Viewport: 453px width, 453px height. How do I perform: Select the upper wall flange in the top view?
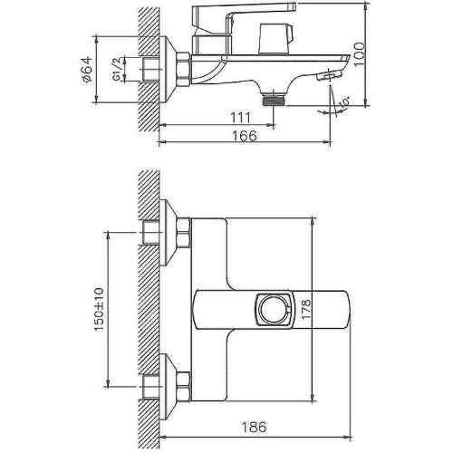pyautogui.click(x=163, y=235)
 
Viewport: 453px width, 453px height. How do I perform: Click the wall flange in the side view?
pyautogui.click(x=166, y=69)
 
